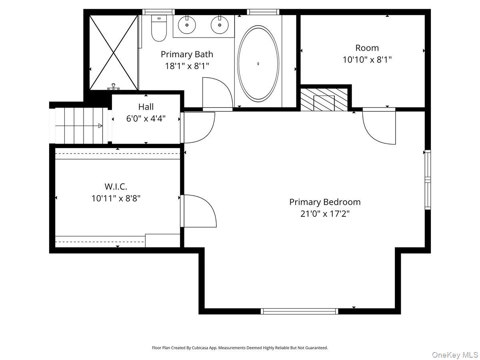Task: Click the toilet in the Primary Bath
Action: click(159, 29)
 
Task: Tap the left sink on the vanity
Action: click(187, 26)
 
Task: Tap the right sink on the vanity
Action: click(219, 26)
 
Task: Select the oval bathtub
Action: click(258, 63)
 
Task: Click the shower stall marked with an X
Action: click(114, 52)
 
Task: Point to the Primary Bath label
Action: click(187, 54)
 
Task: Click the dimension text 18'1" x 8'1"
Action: click(187, 66)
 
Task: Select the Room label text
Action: click(367, 48)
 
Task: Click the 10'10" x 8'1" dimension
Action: click(367, 60)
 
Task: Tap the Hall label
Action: click(146, 107)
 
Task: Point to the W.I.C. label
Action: click(116, 186)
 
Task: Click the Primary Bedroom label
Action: click(325, 202)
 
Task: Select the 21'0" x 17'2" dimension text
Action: click(325, 214)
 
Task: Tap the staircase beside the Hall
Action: click(80, 126)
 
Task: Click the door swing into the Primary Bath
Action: click(216, 94)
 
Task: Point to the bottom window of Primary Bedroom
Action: click(299, 311)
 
